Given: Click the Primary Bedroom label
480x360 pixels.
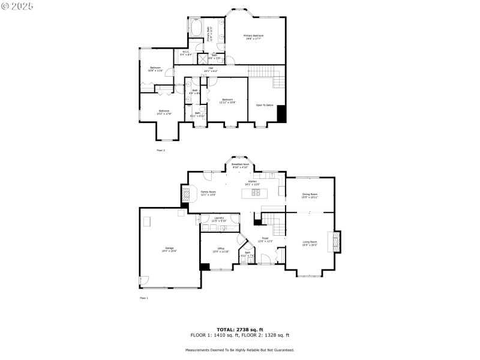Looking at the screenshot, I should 253,37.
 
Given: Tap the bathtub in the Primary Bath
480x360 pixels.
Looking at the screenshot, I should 196,28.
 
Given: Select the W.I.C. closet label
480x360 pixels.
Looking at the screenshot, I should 185,53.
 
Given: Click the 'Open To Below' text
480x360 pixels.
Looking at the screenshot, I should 265,105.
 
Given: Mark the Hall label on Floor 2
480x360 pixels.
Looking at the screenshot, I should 211,69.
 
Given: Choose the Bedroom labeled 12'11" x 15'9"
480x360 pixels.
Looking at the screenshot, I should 227,100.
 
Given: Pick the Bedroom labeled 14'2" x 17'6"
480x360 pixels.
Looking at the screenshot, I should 164,112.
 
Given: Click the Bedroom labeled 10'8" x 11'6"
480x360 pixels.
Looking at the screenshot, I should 155,69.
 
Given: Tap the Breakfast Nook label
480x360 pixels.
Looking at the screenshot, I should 240,165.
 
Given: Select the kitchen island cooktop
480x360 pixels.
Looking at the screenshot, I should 256,193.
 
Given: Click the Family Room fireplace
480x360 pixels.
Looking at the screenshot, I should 185,194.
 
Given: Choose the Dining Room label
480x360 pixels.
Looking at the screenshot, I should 310,195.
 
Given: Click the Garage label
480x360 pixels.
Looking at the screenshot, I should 169,248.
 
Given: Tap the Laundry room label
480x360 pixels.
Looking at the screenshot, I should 219,219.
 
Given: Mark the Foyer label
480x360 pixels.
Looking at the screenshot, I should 265,239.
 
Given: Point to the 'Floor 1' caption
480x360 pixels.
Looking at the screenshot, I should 143,298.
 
